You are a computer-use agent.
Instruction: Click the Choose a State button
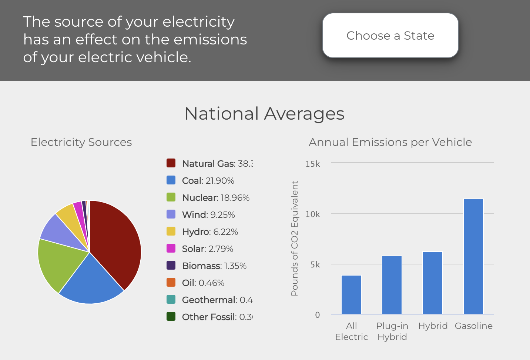(x=390, y=36)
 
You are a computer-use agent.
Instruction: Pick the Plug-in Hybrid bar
(x=392, y=285)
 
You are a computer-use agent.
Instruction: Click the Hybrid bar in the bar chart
(x=433, y=283)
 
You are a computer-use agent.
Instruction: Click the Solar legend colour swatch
(x=171, y=249)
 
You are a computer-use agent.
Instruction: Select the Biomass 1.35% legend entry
(x=214, y=266)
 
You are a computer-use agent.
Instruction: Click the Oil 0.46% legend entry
(x=203, y=283)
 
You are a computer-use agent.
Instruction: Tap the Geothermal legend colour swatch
(x=171, y=300)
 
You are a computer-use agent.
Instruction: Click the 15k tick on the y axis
(x=312, y=164)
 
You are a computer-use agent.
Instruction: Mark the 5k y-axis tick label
(x=315, y=264)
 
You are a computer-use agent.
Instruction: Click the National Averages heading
(x=264, y=114)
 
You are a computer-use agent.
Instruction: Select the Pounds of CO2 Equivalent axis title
(x=295, y=238)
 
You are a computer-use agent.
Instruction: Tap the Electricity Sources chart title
(x=81, y=142)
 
